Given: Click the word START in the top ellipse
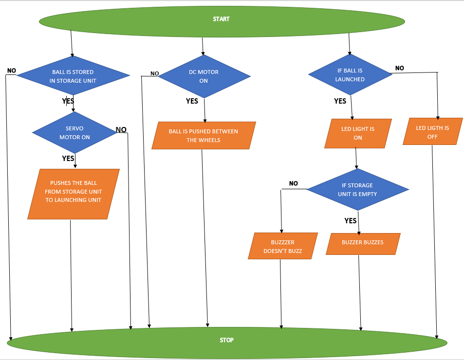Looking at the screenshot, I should coord(221,19).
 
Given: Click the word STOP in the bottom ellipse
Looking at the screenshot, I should coord(226,340).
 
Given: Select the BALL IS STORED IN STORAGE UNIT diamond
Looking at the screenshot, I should coord(73,76).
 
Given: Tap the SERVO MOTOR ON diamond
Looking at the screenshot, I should coord(74,133).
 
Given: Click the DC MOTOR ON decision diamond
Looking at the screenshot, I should coord(204,76).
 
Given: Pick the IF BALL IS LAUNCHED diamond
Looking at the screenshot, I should coord(350,75).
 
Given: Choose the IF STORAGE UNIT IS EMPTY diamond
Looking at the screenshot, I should coord(357,189).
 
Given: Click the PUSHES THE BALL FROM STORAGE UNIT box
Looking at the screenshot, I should coord(74,194).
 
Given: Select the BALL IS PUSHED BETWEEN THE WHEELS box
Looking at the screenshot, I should coord(204,135).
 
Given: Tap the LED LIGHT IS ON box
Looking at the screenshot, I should coord(358,133).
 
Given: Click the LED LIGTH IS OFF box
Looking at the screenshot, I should coord(432,132).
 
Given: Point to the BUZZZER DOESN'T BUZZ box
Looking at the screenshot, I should coord(282,246).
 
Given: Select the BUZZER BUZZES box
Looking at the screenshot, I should coord(363,243).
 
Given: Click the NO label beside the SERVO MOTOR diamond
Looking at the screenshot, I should coord(121,129).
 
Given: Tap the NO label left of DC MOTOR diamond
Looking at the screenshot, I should coord(154,73).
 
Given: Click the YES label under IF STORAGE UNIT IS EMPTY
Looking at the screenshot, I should coord(350,220).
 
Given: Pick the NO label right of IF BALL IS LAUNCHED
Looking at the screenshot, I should coord(399,68).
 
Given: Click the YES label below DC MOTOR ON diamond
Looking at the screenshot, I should coord(192,101).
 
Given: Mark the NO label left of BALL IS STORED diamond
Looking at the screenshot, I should coord(12,71).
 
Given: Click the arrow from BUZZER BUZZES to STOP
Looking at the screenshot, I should coord(360,292).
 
